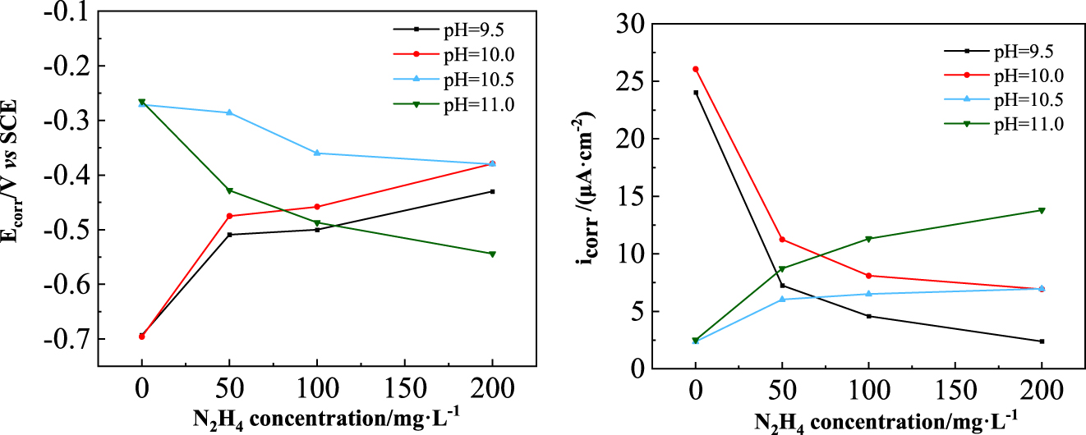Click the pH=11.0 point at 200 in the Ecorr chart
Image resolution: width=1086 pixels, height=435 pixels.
click(492, 254)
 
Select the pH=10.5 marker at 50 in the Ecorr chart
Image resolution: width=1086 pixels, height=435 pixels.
click(229, 112)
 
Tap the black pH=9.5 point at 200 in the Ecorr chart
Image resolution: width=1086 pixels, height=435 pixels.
click(492, 191)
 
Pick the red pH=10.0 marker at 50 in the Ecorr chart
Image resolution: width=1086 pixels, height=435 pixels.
click(229, 216)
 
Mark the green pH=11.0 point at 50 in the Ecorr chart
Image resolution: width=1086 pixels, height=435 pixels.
click(229, 191)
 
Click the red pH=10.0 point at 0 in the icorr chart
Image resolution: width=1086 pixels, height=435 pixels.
click(696, 69)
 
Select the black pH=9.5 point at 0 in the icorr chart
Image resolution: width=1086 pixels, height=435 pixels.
click(696, 93)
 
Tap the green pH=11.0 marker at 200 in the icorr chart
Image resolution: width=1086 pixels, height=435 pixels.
click(1042, 210)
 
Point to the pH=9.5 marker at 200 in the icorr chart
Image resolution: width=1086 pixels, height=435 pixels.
click(1042, 341)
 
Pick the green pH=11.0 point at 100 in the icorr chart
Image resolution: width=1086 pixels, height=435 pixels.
click(869, 239)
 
